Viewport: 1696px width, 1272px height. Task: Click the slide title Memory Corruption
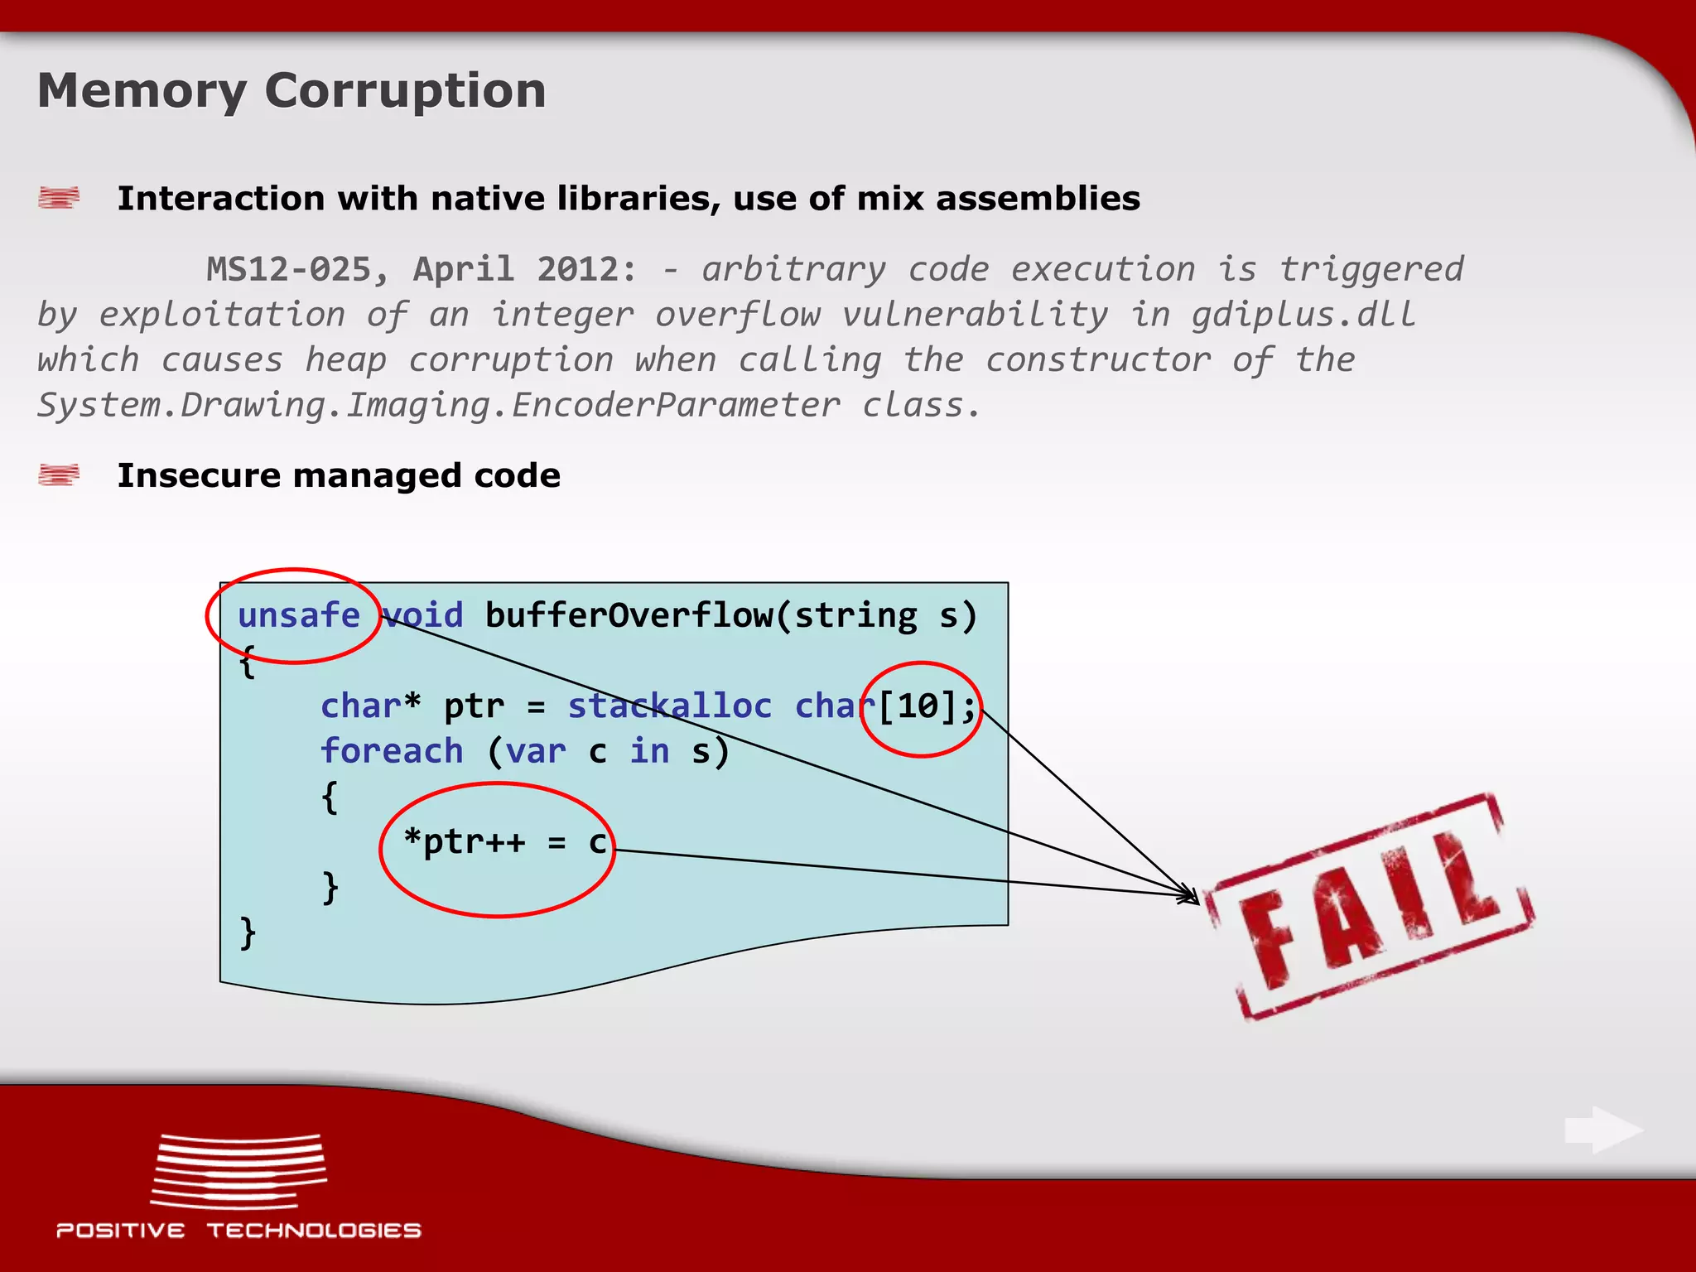pyautogui.click(x=291, y=91)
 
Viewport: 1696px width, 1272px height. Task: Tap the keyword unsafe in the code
pyautogui.click(x=299, y=616)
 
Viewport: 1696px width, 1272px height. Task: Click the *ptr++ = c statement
pyautogui.click(x=505, y=842)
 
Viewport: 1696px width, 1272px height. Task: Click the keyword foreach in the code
pyautogui.click(x=392, y=751)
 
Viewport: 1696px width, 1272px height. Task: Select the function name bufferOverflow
pyautogui.click(x=629, y=616)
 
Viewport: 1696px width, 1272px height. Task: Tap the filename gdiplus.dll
pyautogui.click(x=1303, y=315)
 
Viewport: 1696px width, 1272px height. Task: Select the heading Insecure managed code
pyautogui.click(x=339, y=475)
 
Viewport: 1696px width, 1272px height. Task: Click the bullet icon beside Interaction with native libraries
pyautogui.click(x=59, y=198)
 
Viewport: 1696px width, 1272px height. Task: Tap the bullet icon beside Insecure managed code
pyautogui.click(x=59, y=475)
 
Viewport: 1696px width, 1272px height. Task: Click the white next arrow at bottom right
pyautogui.click(x=1603, y=1130)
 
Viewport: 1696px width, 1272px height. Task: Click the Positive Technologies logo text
pyautogui.click(x=238, y=1231)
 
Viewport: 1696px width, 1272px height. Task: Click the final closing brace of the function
pyautogui.click(x=247, y=932)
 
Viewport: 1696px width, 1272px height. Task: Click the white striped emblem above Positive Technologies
pyautogui.click(x=238, y=1171)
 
